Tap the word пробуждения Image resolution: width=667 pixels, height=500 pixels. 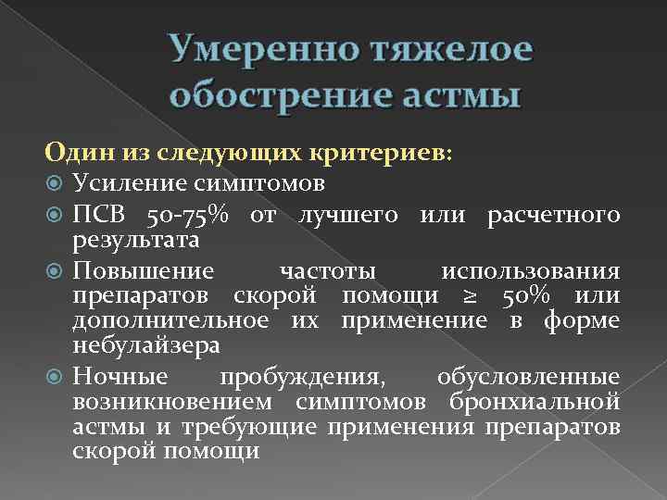(298, 378)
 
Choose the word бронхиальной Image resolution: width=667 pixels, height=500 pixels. (546, 402)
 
